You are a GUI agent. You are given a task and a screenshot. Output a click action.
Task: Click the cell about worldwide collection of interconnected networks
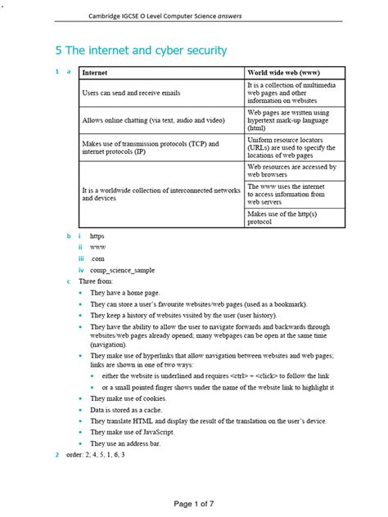click(160, 194)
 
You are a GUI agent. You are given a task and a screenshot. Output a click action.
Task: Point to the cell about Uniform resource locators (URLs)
click(293, 147)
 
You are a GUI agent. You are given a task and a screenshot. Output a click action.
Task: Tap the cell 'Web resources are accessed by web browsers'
click(291, 170)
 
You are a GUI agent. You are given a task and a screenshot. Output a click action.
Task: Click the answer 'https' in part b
click(97, 236)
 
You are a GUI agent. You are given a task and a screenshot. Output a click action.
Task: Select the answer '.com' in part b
click(97, 258)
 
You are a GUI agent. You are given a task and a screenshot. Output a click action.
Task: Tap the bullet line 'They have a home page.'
click(130, 292)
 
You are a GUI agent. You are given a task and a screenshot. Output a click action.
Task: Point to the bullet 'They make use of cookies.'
click(134, 398)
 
